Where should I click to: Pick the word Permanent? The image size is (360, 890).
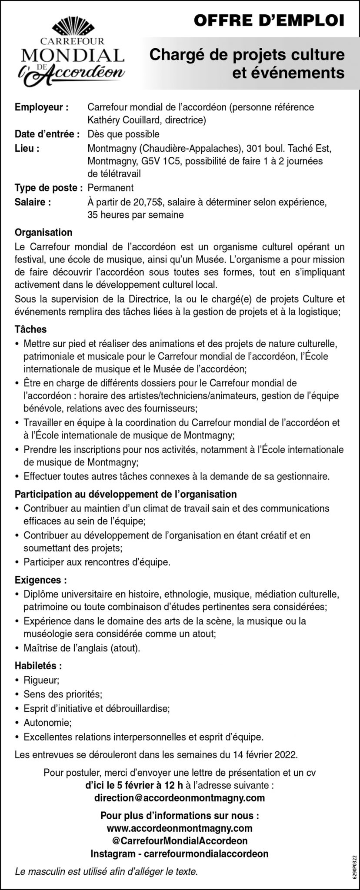pos(110,188)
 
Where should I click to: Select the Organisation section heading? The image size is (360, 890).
pos(43,233)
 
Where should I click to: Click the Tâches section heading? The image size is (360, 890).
pos(30,330)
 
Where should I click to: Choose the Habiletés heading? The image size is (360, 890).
pos(38,665)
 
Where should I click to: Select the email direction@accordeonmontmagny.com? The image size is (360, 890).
pos(180,798)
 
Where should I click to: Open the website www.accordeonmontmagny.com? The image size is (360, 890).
pos(180,828)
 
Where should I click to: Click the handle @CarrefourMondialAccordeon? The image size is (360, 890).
pos(180,841)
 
